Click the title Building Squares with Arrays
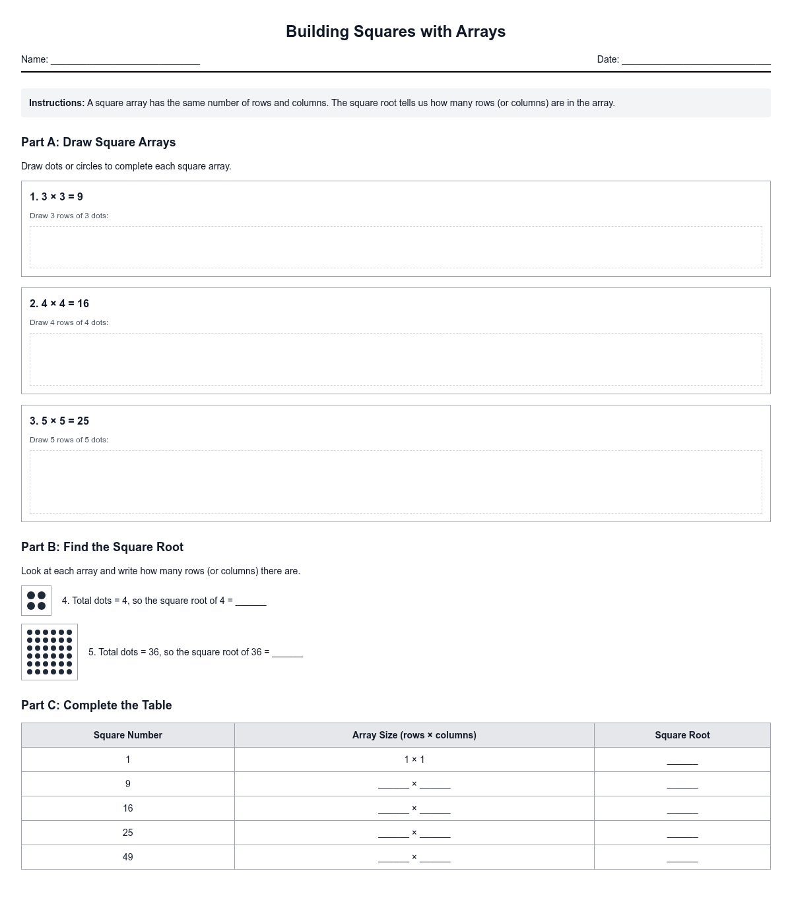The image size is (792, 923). click(395, 32)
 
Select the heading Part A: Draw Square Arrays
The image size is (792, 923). click(98, 142)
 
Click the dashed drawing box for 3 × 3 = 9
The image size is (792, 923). click(395, 247)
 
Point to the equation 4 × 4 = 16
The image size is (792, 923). click(59, 304)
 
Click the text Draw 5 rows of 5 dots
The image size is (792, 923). click(69, 440)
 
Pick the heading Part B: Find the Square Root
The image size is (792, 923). click(102, 547)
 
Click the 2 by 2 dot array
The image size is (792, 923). click(36, 601)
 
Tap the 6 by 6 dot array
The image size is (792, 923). click(49, 652)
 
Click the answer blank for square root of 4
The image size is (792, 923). click(251, 602)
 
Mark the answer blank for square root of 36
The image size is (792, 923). click(287, 653)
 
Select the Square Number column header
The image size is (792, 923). click(128, 735)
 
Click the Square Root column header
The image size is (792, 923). click(682, 735)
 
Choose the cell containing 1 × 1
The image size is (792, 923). click(414, 759)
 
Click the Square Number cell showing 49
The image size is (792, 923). click(128, 857)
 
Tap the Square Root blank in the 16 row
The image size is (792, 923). click(682, 810)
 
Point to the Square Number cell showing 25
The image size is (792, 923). click(128, 833)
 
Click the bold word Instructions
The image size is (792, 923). click(57, 103)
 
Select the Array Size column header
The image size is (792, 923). click(414, 735)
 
